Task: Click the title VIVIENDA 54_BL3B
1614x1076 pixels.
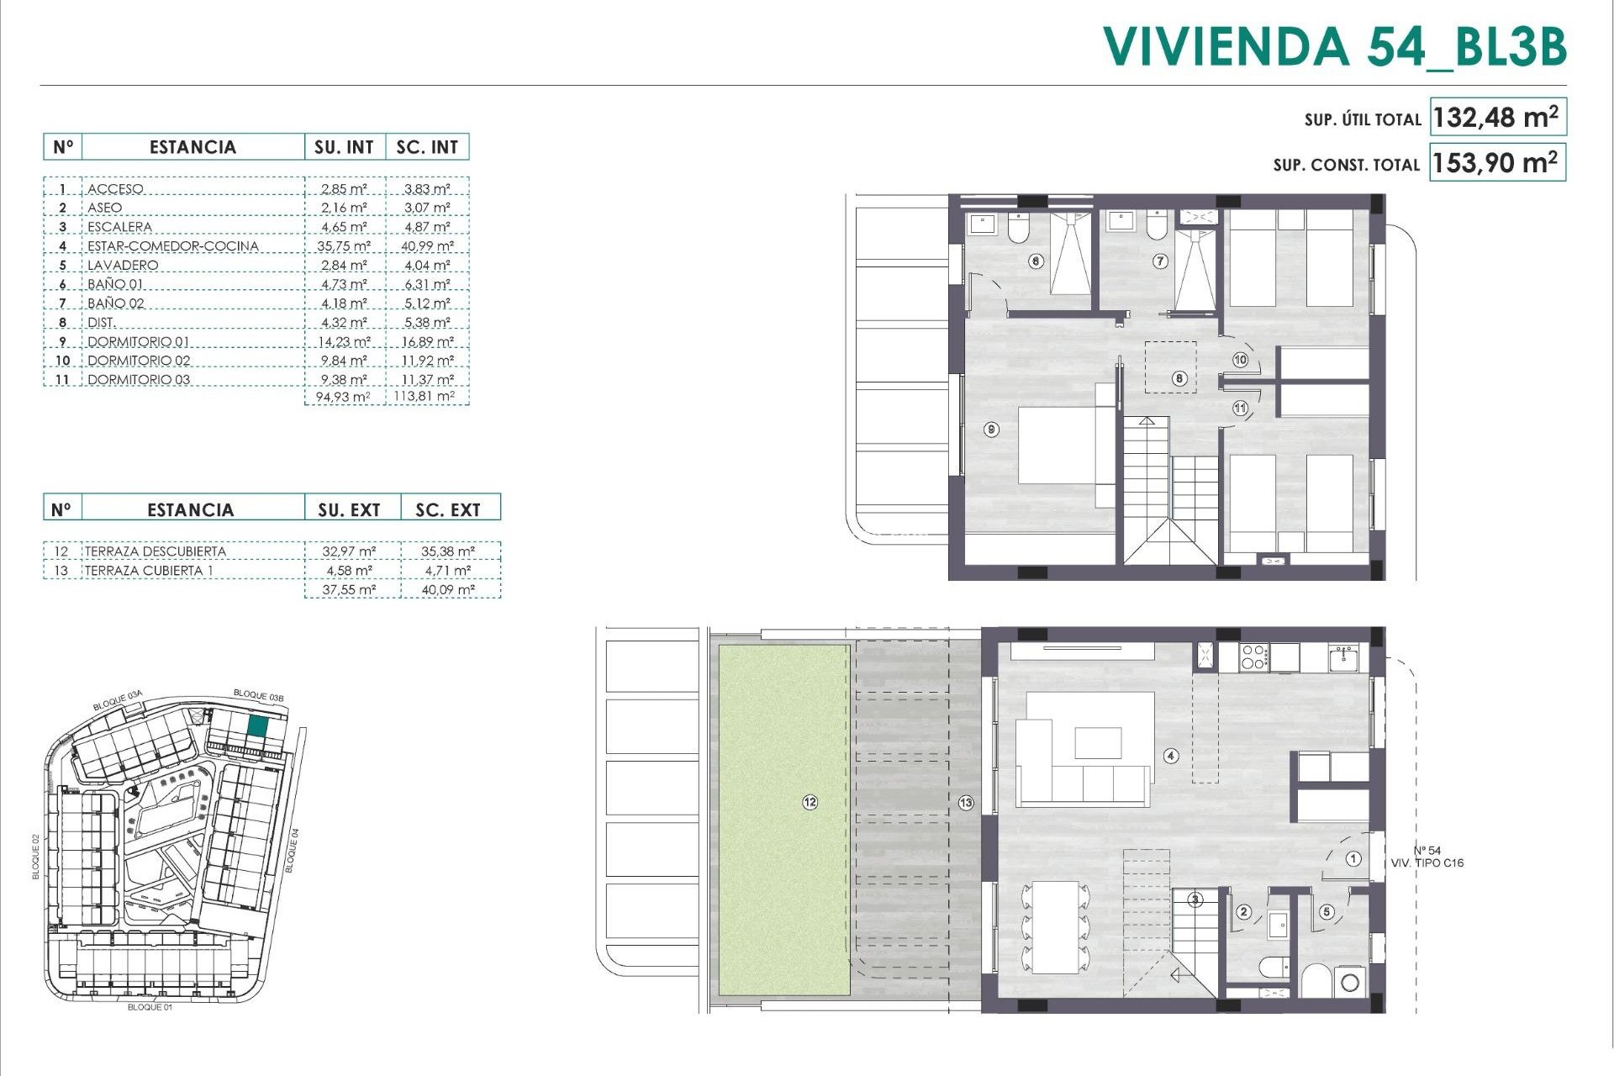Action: coord(1334,46)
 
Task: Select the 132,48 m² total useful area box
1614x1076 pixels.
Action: coord(1495,117)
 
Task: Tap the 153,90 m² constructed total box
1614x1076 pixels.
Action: coord(1495,161)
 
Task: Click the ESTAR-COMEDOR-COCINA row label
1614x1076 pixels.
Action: coord(172,246)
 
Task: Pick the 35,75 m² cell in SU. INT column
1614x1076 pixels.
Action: coord(345,246)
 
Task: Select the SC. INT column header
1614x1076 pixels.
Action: coord(427,147)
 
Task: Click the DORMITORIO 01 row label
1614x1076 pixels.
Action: coord(138,342)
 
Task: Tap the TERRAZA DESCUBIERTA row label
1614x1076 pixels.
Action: coord(155,551)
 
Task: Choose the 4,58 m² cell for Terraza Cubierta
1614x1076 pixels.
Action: coord(349,571)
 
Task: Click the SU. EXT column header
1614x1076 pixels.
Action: coord(349,509)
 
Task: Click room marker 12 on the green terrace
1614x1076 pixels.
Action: coord(810,803)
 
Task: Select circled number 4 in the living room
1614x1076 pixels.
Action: coord(1171,756)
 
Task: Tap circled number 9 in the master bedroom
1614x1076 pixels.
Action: coord(992,430)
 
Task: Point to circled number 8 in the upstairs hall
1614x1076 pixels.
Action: coord(1179,378)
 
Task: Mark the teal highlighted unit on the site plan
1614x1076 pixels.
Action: coord(258,727)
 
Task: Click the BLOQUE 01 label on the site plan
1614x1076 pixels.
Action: coord(150,1007)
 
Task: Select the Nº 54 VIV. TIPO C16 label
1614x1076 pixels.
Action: coord(1427,857)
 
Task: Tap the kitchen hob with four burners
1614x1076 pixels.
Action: coord(1253,657)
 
